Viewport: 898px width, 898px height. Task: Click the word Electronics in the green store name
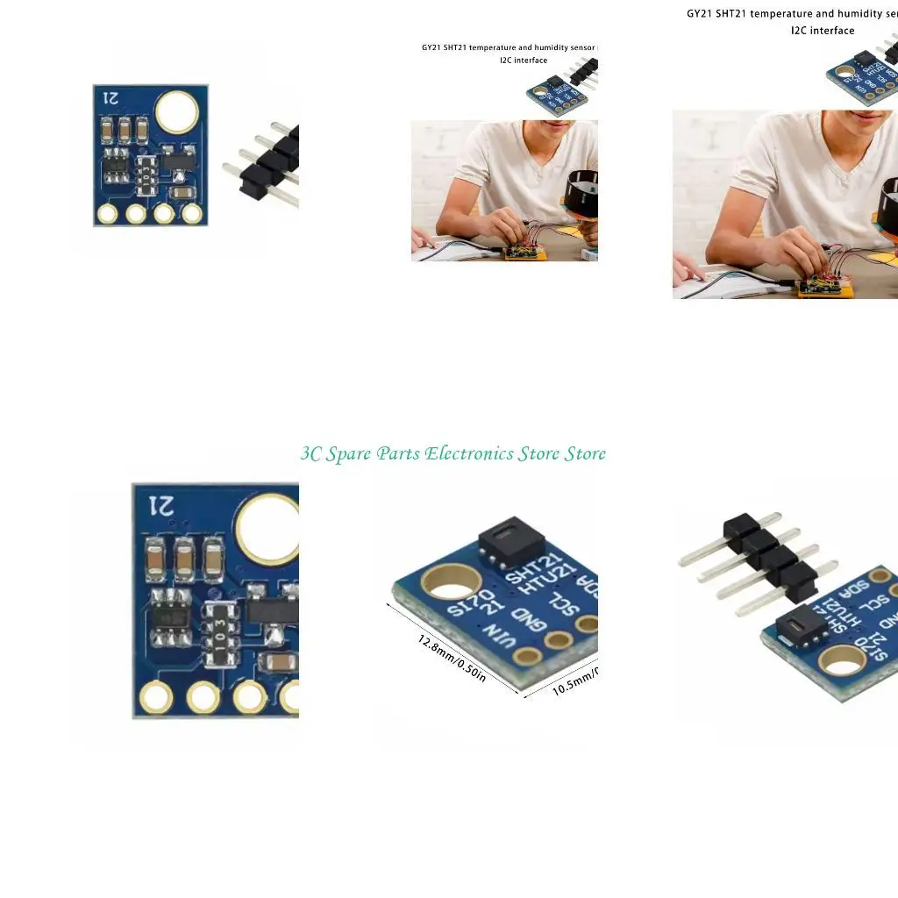click(x=468, y=453)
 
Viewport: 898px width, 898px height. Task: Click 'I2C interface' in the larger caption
click(x=822, y=31)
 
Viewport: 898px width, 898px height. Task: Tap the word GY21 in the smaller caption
click(x=431, y=46)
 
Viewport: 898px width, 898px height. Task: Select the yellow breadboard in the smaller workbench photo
click(x=524, y=253)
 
